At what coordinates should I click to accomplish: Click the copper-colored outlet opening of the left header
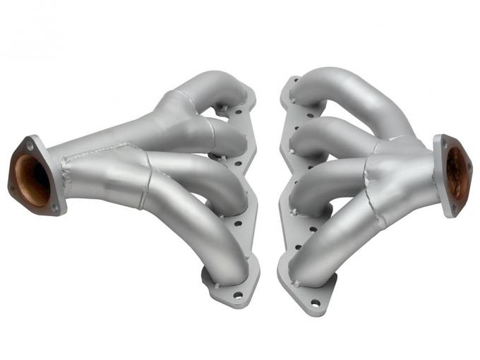(x=32, y=180)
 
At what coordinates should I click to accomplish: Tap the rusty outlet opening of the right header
(x=457, y=172)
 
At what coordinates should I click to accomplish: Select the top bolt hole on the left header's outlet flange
(x=30, y=147)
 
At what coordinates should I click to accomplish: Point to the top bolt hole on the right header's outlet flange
(x=444, y=140)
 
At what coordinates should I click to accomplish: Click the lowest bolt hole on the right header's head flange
(x=315, y=303)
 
